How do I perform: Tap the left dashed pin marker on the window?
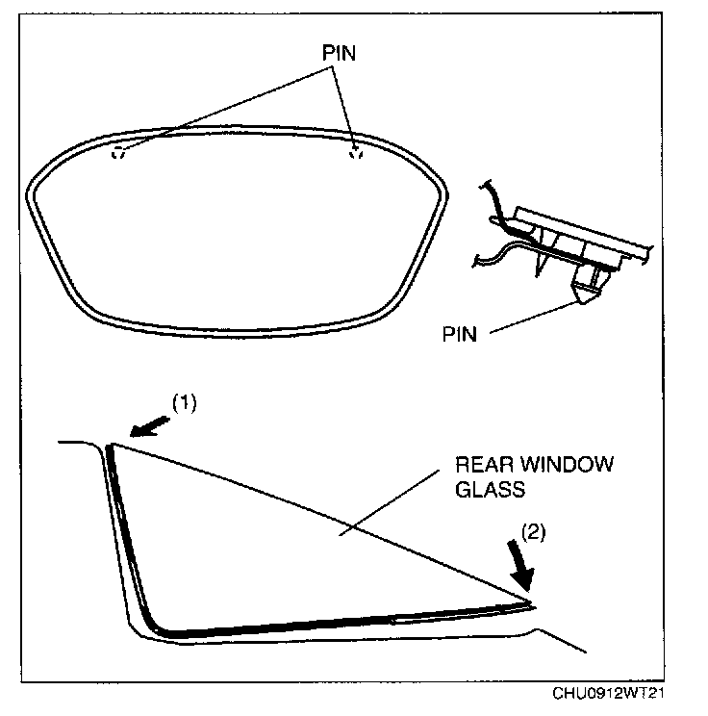[x=119, y=154]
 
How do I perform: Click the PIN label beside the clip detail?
[x=461, y=335]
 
